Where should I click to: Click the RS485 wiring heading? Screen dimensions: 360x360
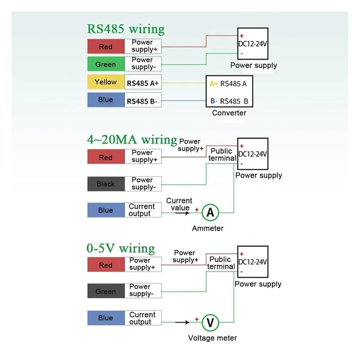(x=126, y=30)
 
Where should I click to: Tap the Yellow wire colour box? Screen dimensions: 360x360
(x=105, y=82)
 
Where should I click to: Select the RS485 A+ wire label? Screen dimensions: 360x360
(x=143, y=83)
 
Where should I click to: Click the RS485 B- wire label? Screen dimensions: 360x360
(x=142, y=101)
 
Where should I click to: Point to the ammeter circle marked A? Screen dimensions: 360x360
(x=210, y=212)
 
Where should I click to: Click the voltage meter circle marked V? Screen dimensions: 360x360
(x=210, y=322)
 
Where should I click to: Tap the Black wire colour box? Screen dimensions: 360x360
(x=105, y=184)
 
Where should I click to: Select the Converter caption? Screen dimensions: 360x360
(x=229, y=113)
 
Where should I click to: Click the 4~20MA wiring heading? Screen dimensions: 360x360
(x=132, y=139)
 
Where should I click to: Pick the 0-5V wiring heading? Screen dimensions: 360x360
(x=121, y=248)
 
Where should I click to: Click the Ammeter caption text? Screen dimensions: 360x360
(x=207, y=228)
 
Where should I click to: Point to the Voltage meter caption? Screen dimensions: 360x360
(x=212, y=338)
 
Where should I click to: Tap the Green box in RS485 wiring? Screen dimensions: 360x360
(x=105, y=64)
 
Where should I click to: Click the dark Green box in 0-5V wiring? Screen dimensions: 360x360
(x=105, y=292)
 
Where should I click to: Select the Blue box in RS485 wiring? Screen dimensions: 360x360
(x=105, y=99)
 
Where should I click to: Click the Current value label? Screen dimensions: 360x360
(x=179, y=204)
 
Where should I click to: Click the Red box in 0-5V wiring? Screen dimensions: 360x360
(x=105, y=265)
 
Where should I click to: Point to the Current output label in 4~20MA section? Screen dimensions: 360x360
(x=142, y=210)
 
